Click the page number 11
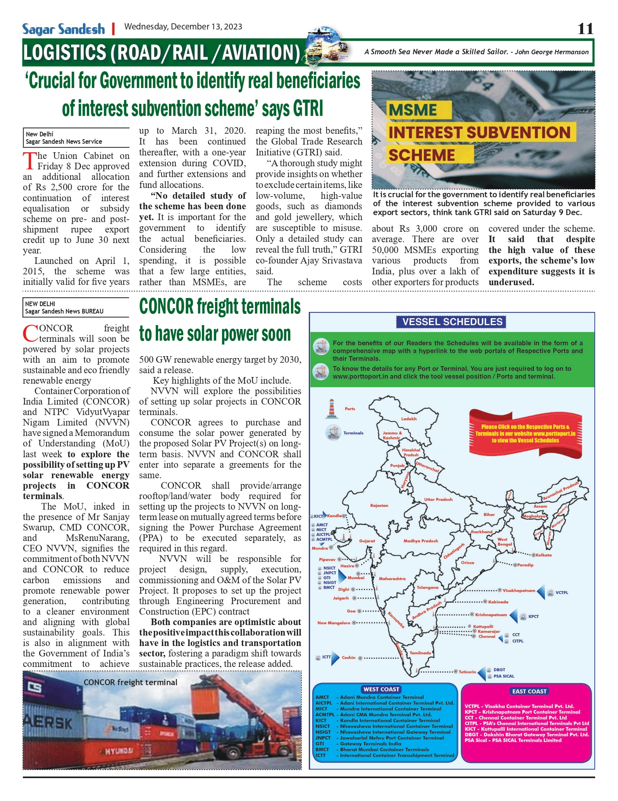coord(585,29)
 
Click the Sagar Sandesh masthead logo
coord(64,29)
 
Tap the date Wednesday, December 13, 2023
coord(183,27)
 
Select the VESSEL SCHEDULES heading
coord(452,322)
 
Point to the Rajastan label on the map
coord(379,505)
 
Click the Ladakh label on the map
coord(409,419)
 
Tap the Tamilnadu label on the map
coord(420,653)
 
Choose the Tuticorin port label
coord(467,672)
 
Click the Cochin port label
coord(348,657)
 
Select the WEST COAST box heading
coord(381,689)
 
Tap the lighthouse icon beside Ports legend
coord(331,409)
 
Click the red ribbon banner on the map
coord(525,434)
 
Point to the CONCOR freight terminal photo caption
coord(130,682)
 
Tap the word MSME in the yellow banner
coord(413,110)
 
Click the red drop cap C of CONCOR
coord(30,333)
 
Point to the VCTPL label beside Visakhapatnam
coord(561,593)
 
